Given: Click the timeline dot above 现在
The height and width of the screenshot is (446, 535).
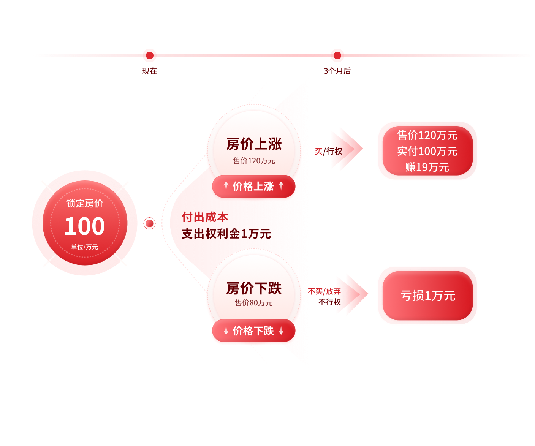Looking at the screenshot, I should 150,55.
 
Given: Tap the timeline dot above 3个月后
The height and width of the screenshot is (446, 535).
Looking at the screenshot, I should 337,55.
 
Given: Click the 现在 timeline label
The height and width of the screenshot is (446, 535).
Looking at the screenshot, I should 150,71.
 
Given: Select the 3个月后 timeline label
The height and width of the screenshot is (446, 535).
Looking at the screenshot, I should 337,71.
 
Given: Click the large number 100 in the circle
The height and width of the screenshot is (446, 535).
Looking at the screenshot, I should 84,226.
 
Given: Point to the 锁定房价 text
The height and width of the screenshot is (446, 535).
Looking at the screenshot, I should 85,204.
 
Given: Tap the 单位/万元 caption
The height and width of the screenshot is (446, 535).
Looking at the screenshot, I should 84,247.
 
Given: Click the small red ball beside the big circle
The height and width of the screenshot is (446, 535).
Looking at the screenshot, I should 150,224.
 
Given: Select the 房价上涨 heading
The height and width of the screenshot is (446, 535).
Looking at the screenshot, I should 254,144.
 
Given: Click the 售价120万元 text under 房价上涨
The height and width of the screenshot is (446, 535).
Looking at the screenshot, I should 254,161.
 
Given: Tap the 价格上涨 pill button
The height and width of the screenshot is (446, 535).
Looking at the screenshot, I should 253,186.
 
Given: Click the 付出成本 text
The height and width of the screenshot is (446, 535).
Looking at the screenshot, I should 205,217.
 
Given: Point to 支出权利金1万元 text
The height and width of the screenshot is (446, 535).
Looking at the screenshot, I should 226,234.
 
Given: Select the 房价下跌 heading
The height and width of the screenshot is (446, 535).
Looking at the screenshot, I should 254,289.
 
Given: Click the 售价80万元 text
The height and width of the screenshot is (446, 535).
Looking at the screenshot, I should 253,303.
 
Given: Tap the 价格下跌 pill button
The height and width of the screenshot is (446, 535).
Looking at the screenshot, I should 253,331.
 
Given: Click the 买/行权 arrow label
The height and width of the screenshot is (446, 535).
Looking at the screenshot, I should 329,152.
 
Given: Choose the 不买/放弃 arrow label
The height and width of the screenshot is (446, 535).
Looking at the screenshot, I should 324,291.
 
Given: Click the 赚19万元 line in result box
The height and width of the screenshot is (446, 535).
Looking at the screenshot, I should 427,167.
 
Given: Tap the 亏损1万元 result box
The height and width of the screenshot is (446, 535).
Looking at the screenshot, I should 427,296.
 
